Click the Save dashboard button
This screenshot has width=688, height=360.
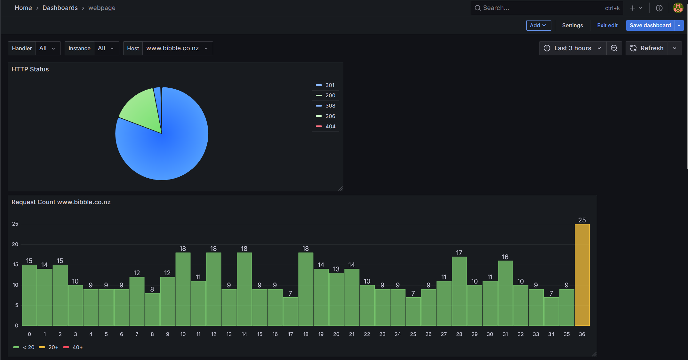650,25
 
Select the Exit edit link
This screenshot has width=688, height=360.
607,25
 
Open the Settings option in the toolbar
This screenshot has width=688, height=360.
572,25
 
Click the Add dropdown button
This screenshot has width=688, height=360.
538,25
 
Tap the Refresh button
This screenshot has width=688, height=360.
647,48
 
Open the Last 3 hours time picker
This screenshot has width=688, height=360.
572,48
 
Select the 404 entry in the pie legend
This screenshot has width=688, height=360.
330,126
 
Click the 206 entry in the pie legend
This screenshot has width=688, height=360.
330,116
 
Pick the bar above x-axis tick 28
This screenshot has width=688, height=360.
459,291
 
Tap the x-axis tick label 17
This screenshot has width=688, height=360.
290,334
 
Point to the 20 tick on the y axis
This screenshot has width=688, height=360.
15,244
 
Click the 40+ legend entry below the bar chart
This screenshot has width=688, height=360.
77,347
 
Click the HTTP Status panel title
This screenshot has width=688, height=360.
30,69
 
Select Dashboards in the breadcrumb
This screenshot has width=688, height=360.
60,8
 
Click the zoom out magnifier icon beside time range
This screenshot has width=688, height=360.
614,48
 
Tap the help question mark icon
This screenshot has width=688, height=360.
659,8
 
